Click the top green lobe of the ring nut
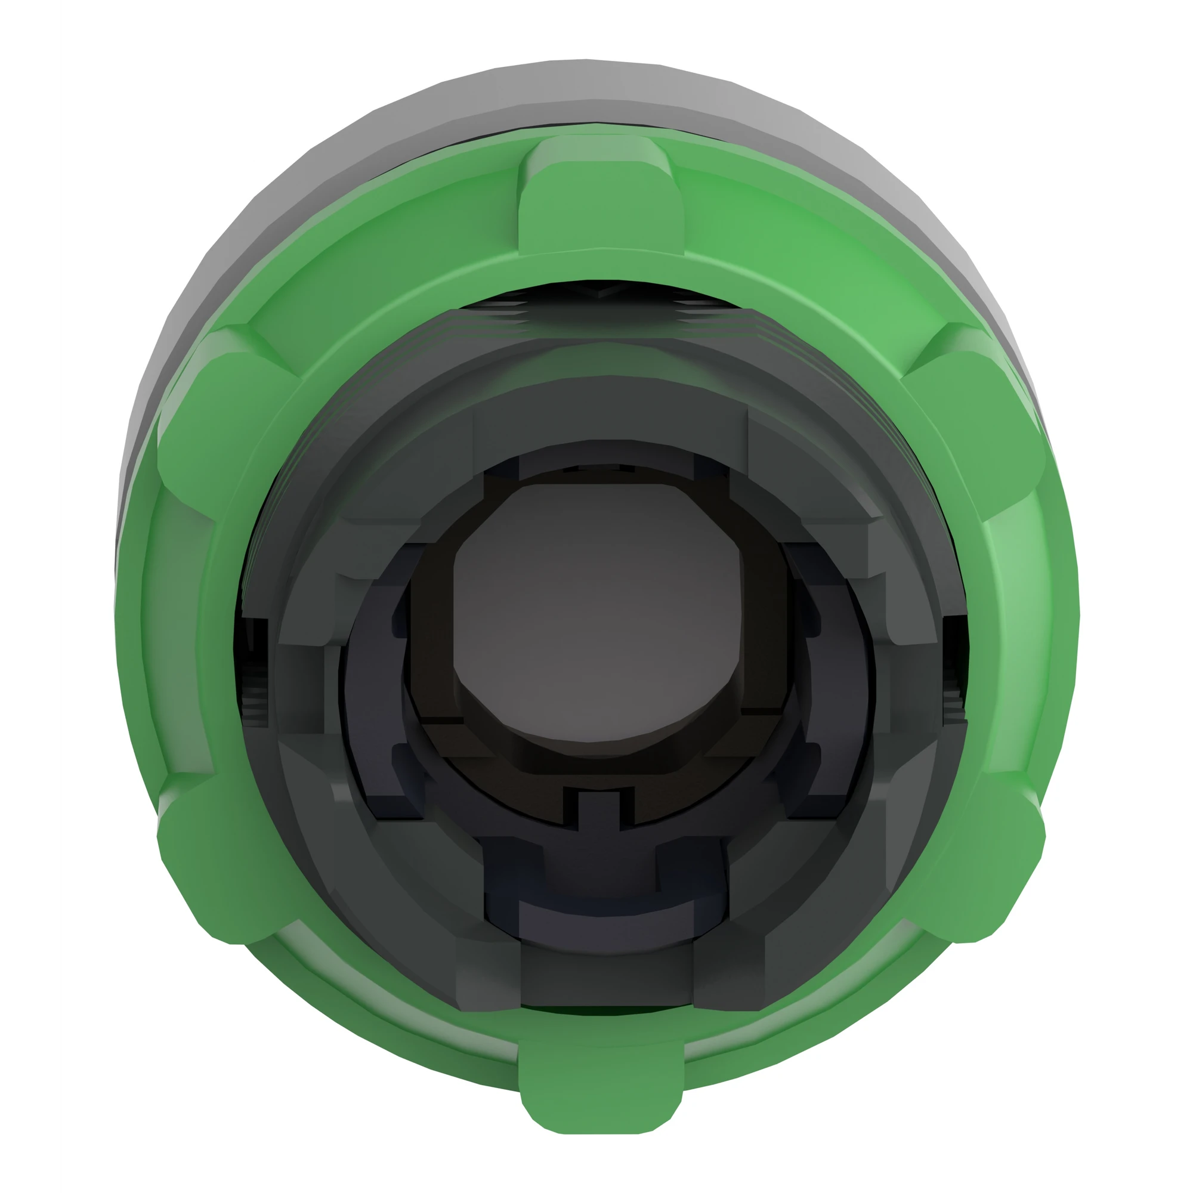tap(600, 197)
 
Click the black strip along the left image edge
tap(28, 596)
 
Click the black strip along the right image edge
tap(1164, 596)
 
